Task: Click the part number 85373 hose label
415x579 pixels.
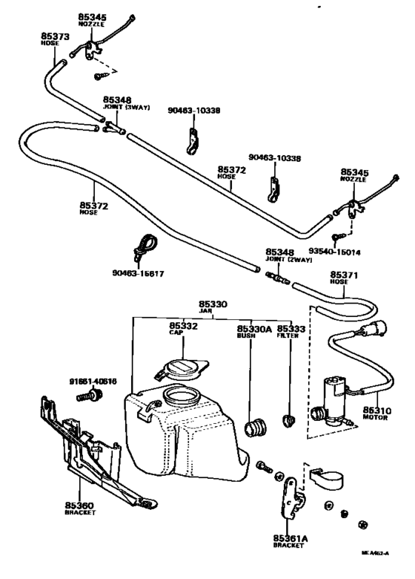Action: pyautogui.click(x=55, y=38)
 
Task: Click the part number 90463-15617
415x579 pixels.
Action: pyautogui.click(x=138, y=273)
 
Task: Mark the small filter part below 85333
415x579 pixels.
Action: pyautogui.click(x=288, y=420)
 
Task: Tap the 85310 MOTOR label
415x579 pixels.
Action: pyautogui.click(x=376, y=413)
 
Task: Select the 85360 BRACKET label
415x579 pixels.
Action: pyautogui.click(x=79, y=508)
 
